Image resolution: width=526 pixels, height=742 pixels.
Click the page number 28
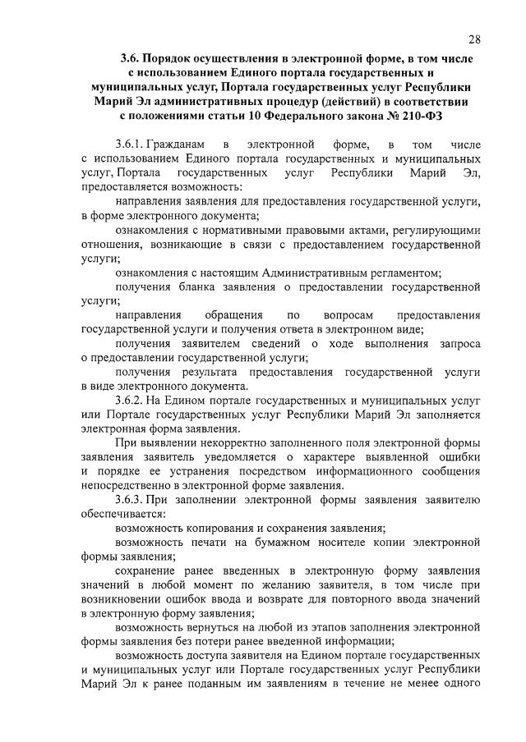pos(474,39)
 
